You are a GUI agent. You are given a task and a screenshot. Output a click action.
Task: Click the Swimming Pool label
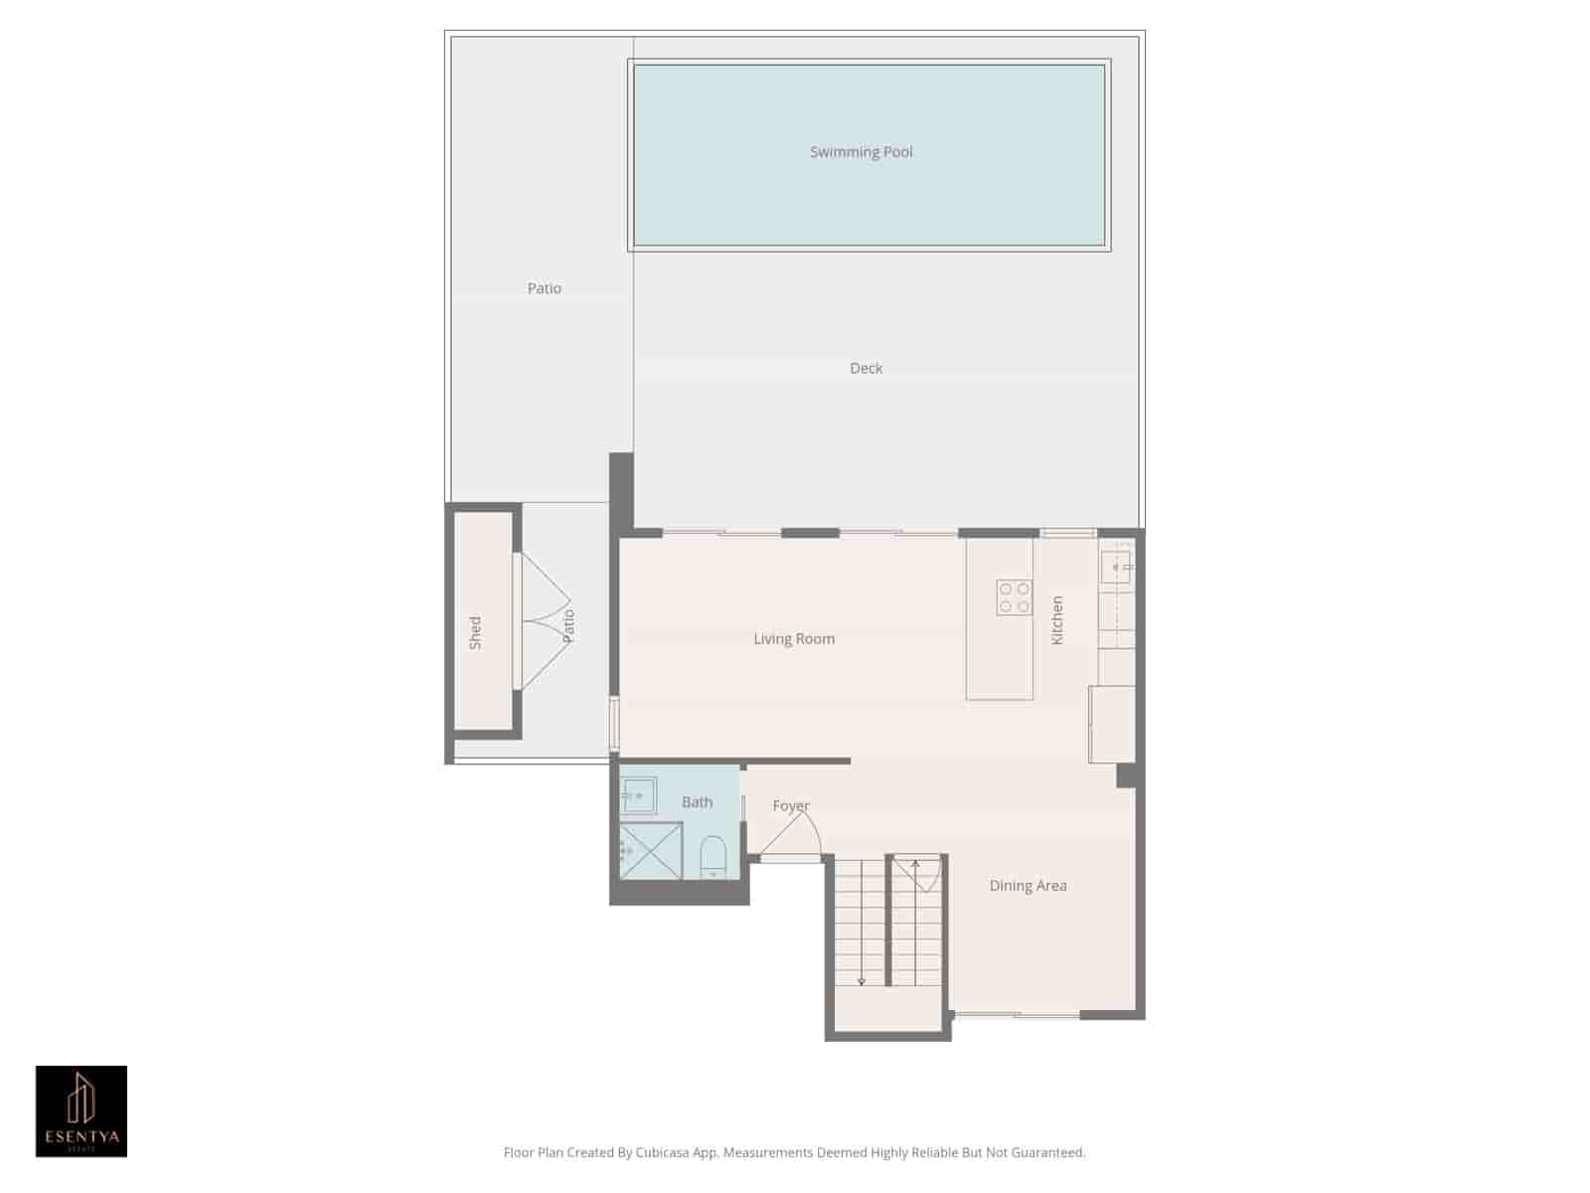861,152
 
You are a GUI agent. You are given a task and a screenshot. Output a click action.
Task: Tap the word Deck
866,369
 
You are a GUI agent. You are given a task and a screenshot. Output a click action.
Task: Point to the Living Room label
793,639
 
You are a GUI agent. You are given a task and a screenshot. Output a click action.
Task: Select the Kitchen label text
1057,620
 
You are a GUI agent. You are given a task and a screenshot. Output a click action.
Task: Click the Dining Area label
1028,886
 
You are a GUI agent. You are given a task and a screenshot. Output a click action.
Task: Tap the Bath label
697,802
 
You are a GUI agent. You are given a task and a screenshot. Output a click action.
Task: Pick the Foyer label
791,806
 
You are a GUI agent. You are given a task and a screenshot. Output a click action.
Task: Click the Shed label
475,633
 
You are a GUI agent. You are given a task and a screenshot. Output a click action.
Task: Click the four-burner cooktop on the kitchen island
1014,597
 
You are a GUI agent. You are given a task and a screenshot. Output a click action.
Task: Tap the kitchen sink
1115,567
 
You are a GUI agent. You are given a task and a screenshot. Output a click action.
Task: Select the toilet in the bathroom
713,857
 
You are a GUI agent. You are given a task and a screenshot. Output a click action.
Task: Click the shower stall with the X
651,851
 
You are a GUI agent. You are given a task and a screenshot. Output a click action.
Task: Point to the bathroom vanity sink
637,795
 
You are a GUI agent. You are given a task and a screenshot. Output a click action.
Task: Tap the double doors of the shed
544,621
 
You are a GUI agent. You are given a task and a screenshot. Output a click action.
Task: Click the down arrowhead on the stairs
861,981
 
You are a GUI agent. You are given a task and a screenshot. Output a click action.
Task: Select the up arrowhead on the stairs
915,864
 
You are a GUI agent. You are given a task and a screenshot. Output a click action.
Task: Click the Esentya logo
81,1111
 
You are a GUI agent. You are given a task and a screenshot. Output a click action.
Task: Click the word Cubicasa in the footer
664,1153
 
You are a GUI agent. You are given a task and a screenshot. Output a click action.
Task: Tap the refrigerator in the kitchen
1112,725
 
